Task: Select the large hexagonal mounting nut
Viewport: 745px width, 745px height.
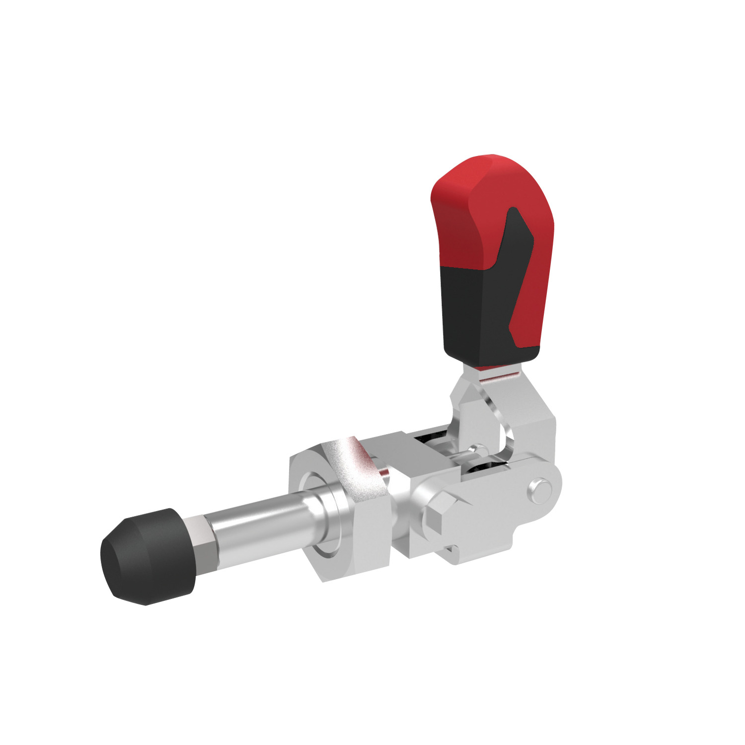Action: pyautogui.click(x=343, y=512)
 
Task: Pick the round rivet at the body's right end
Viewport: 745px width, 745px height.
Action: pyautogui.click(x=540, y=490)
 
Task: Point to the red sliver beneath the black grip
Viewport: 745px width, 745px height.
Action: pyautogui.click(x=492, y=368)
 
